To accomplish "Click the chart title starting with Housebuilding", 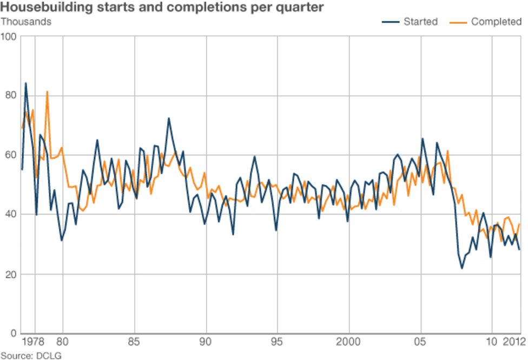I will pos(162,8).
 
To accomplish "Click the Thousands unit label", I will pos(26,22).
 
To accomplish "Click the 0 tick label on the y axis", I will pos(14,333).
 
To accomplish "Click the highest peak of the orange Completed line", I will pos(47,91).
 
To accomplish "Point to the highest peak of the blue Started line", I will pos(25,83).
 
